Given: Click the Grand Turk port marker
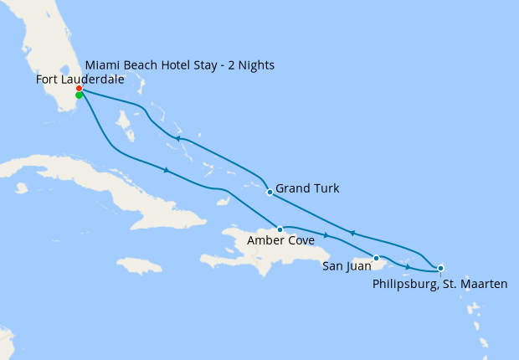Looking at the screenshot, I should pos(269,193).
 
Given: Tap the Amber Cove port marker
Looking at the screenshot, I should pos(280,229).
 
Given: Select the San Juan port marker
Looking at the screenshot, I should pos(377,258).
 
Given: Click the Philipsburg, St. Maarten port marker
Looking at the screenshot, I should pos(440,268).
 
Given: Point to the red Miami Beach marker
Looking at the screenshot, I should pos(79,88).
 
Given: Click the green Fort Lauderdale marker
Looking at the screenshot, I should pos(79,95).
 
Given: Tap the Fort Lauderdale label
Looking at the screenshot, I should pos(80,80).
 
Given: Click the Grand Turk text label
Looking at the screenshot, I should pos(307,188).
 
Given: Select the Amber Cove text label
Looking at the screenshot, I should pos(281,241).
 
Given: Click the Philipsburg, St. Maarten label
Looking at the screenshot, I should pos(439,285).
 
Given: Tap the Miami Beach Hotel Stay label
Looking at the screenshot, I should pos(180,64).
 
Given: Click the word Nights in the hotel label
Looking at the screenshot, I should pos(255,64).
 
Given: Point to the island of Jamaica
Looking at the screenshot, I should pos(139,265).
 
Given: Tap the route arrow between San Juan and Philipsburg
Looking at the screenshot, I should pos(409,268).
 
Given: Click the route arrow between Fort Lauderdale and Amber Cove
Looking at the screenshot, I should pos(167,171).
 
